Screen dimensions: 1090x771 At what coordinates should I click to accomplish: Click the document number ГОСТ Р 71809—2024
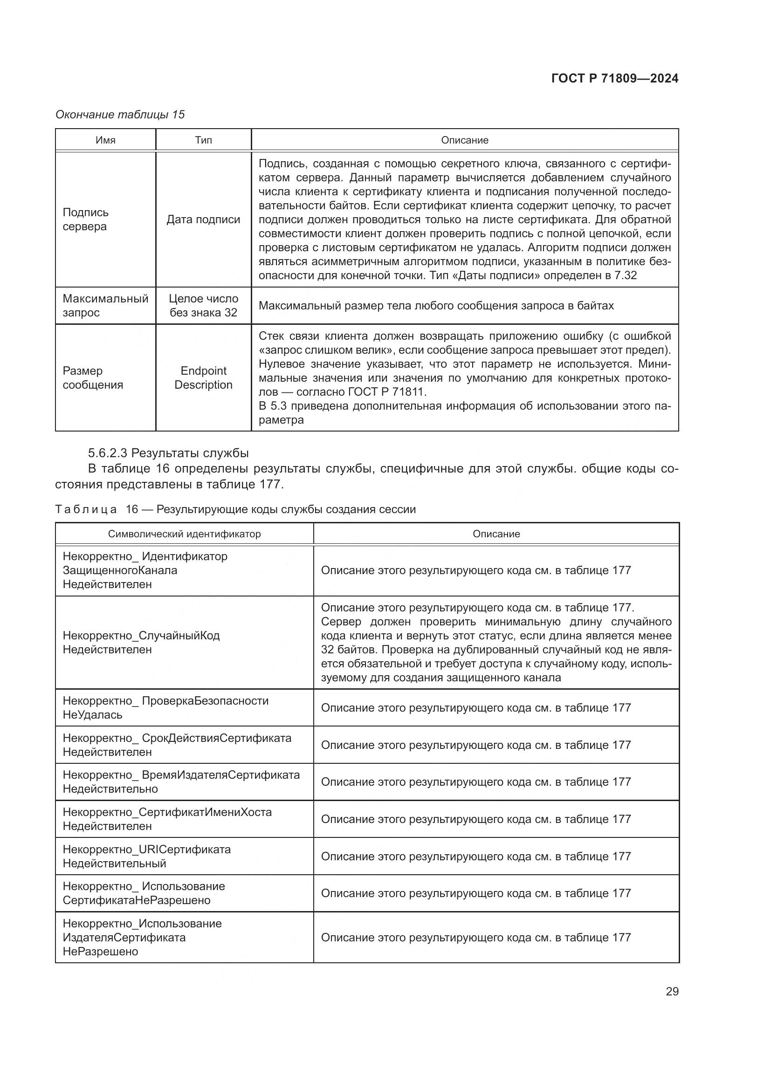tap(614, 79)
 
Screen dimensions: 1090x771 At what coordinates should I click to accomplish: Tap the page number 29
tap(672, 991)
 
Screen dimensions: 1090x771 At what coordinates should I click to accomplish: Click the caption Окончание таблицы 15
tap(120, 115)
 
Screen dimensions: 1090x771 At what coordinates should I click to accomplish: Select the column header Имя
tap(105, 140)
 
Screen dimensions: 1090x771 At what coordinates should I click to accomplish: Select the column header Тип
tap(203, 140)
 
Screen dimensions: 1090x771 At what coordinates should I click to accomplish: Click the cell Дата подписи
tap(203, 219)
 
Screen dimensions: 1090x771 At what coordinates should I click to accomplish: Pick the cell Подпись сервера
tap(86, 219)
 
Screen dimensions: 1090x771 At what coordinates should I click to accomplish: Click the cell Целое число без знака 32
tap(203, 305)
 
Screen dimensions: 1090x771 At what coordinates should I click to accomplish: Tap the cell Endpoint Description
tap(203, 377)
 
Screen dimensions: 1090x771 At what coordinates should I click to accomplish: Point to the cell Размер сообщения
tap(93, 377)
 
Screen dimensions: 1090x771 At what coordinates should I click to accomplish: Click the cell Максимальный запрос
tap(105, 305)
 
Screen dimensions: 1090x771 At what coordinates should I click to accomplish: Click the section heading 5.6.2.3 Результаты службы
tap(168, 452)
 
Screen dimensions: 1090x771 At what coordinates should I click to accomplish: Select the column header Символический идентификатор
tap(184, 534)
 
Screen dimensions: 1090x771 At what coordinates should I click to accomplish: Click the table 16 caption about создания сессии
tap(235, 509)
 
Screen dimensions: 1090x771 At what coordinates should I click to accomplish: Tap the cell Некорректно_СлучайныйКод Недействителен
tap(141, 642)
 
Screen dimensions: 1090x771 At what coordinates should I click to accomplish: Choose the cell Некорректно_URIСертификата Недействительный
tap(146, 856)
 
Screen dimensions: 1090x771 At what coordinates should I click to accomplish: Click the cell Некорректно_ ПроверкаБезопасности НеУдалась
tap(165, 707)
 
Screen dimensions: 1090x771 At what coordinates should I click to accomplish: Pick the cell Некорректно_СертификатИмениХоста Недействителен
tap(167, 819)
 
